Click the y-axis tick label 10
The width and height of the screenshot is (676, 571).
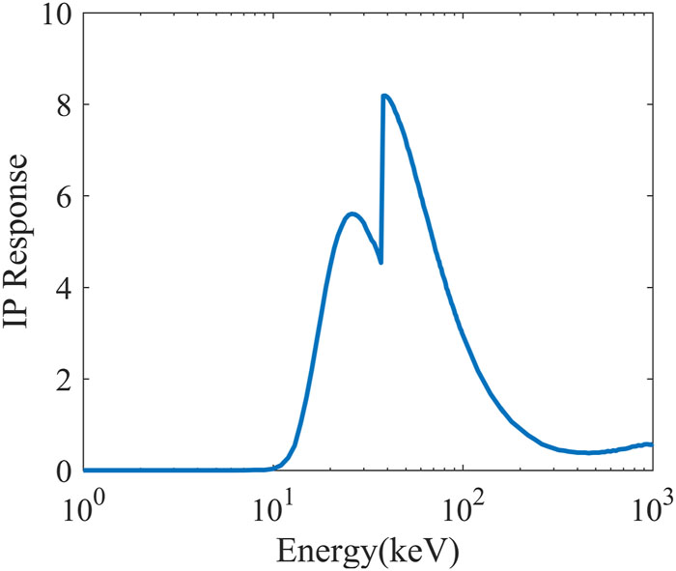[54, 17]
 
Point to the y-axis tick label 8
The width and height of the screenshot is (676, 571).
[63, 104]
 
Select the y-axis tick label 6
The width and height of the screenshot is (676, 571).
[63, 196]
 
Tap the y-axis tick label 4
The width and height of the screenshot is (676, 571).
[63, 288]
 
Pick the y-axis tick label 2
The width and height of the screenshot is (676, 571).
[63, 380]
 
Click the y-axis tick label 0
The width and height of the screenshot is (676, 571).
[63, 471]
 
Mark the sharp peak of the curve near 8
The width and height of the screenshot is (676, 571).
[384, 96]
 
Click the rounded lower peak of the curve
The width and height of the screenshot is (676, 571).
[352, 214]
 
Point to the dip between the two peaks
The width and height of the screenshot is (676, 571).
[381, 262]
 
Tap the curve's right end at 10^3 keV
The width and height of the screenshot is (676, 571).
[652, 443]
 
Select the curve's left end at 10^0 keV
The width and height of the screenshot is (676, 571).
[85, 470]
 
